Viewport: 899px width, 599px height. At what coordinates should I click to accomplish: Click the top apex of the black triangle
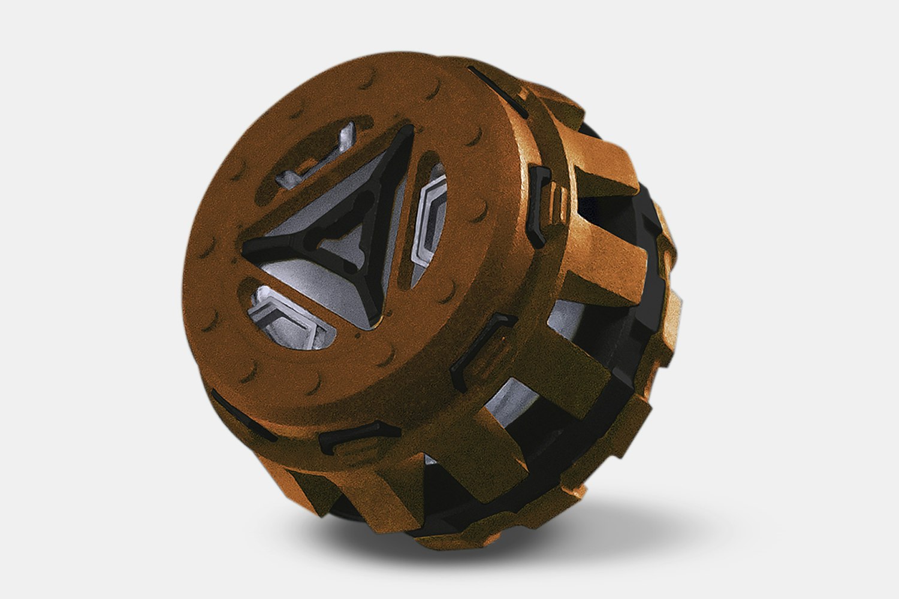click(x=409, y=133)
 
